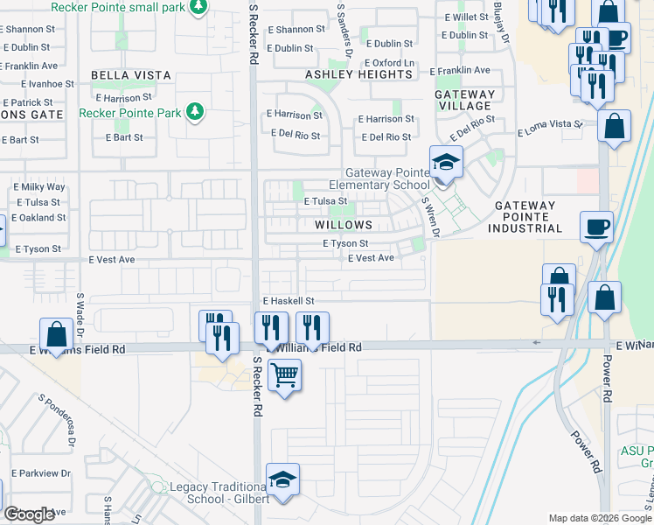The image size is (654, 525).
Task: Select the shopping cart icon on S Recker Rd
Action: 284,375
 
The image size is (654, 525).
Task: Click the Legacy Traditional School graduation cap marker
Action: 282,479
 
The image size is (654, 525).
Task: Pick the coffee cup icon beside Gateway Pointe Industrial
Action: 598,227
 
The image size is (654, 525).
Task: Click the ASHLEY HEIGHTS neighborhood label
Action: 358,74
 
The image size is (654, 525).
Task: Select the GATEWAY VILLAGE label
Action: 467,100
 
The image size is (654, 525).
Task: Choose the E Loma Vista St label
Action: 550,128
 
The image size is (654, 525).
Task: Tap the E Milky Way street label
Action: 39,187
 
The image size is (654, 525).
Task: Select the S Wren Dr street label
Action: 428,215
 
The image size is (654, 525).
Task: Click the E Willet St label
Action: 464,17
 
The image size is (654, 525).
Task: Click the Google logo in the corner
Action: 30,514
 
